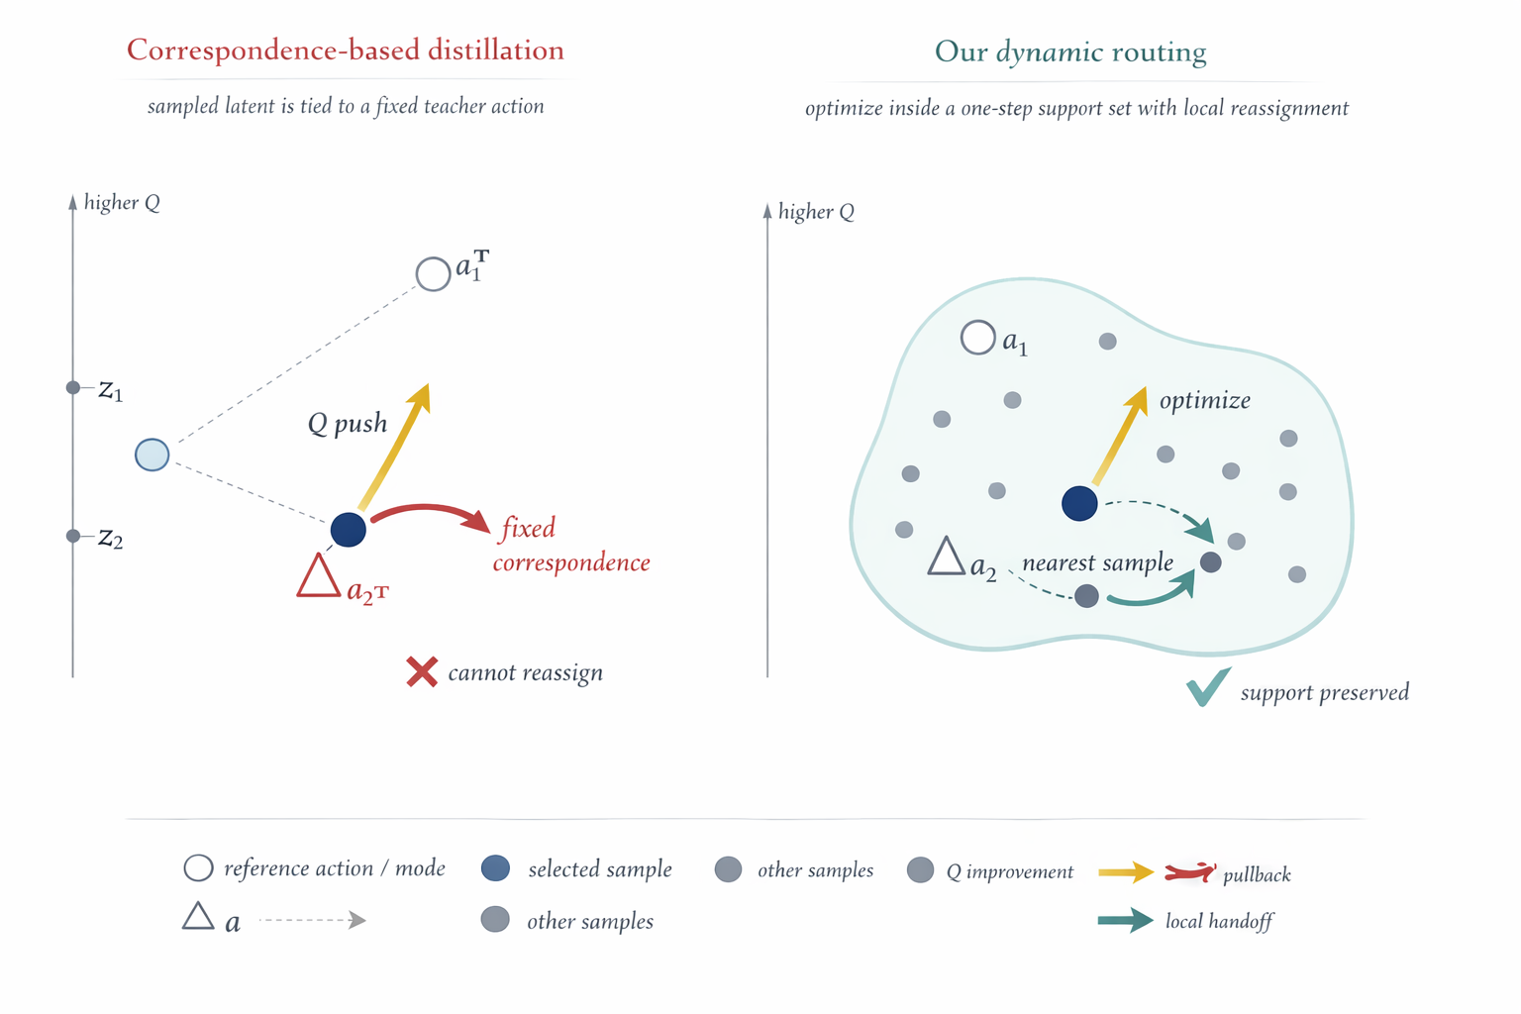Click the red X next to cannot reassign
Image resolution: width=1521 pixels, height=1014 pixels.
pos(422,671)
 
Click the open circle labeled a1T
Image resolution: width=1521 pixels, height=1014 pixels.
pos(433,273)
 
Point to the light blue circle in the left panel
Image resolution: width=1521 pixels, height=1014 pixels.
pos(152,455)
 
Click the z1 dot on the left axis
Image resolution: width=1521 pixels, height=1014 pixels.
pos(73,387)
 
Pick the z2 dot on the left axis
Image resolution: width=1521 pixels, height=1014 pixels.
pos(73,536)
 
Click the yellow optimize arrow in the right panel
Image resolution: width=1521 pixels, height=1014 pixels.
pos(1119,436)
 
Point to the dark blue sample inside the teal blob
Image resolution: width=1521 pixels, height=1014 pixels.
pos(1079,503)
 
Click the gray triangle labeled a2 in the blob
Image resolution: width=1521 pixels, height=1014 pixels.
pos(946,558)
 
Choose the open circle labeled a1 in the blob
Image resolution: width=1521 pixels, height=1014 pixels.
pos(977,338)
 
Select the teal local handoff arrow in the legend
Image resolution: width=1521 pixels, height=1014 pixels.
pos(1125,921)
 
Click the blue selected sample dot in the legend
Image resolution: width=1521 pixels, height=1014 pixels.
pos(495,868)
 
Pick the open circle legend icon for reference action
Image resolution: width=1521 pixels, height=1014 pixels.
pos(198,868)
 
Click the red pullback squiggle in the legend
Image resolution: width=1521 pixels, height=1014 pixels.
pos(1189,872)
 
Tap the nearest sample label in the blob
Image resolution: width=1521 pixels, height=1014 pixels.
pos(1097,562)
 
